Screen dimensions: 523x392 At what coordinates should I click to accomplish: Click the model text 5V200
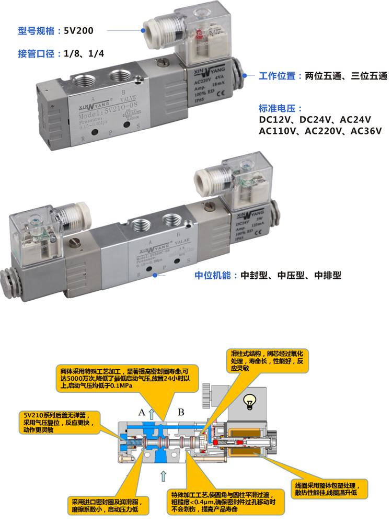[79, 31]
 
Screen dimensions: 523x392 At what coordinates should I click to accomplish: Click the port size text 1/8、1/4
[84, 53]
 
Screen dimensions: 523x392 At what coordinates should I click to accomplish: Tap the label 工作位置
[278, 76]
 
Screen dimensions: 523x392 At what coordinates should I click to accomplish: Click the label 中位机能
[212, 275]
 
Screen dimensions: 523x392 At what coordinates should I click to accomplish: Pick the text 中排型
[328, 275]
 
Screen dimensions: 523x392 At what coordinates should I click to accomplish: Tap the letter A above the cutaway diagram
[141, 412]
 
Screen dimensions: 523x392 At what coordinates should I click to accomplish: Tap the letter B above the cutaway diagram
[181, 412]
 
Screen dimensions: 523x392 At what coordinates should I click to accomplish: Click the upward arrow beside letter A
[152, 413]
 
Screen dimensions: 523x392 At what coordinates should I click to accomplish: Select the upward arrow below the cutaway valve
[164, 475]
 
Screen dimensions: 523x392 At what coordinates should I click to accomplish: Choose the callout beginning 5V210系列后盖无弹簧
[59, 422]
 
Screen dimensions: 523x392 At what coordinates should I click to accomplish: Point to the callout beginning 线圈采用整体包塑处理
[329, 488]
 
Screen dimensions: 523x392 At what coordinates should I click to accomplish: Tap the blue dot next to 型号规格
[142, 30]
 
